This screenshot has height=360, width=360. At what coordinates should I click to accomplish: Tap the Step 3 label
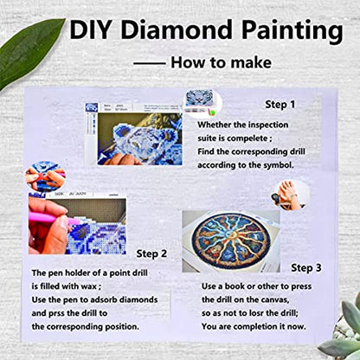(308, 267)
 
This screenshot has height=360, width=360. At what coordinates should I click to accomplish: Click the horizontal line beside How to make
(150, 63)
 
